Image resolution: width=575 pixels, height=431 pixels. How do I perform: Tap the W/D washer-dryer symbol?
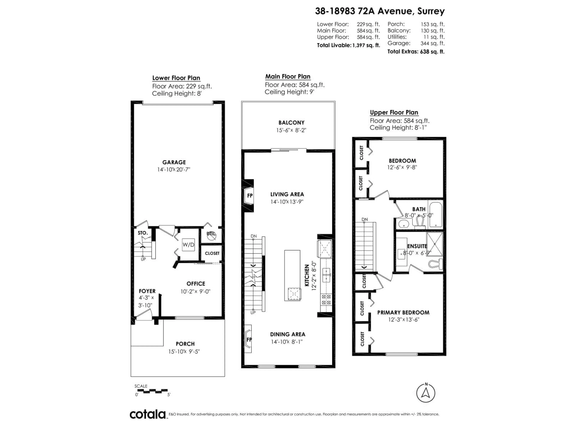(188, 245)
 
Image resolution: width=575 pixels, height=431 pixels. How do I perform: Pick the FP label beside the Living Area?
(250, 196)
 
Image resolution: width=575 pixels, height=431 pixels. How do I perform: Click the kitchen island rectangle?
(292, 275)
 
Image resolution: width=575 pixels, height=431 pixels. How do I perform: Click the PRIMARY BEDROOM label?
(403, 312)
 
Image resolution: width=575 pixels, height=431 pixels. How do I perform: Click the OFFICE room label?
(196, 284)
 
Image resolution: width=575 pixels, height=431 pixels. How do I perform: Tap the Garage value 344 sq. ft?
(432, 43)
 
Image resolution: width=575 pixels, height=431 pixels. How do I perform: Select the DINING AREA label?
(287, 334)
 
